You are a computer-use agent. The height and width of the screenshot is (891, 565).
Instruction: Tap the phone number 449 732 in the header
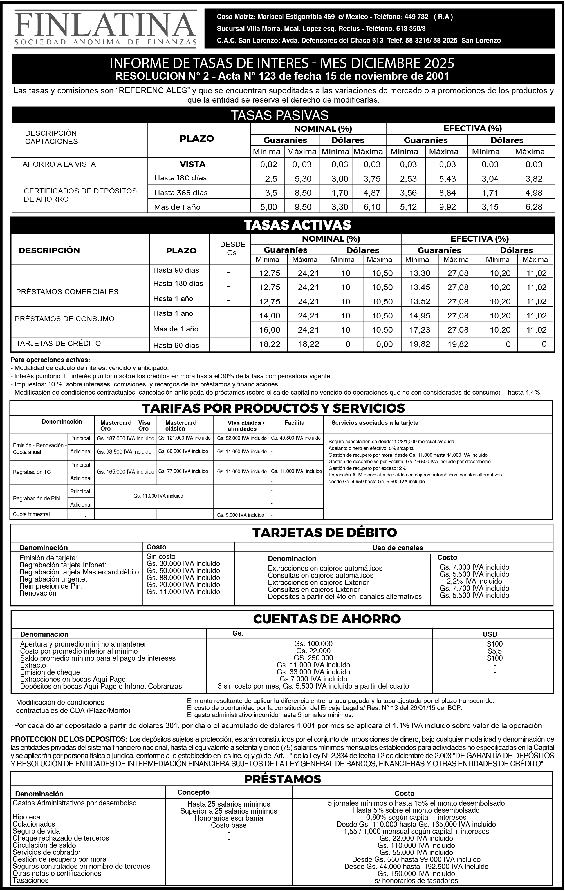pyautogui.click(x=416, y=17)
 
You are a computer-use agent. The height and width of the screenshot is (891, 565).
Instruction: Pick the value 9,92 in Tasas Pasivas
pyautogui.click(x=447, y=207)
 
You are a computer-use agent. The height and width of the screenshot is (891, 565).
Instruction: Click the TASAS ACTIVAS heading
pyautogui.click(x=297, y=225)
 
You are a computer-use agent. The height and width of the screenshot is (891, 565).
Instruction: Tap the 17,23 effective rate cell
pyautogui.click(x=420, y=330)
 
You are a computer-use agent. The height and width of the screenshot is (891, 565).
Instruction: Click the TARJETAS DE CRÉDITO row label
pyautogui.click(x=59, y=343)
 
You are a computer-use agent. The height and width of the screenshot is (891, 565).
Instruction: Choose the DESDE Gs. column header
pyautogui.click(x=233, y=249)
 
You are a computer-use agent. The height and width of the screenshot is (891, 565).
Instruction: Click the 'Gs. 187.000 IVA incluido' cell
pyautogui.click(x=125, y=439)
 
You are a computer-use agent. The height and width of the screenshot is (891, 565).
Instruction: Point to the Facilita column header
pyautogui.click(x=294, y=423)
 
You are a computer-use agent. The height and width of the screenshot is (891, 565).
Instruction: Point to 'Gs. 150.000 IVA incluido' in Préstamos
pyautogui.click(x=416, y=873)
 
